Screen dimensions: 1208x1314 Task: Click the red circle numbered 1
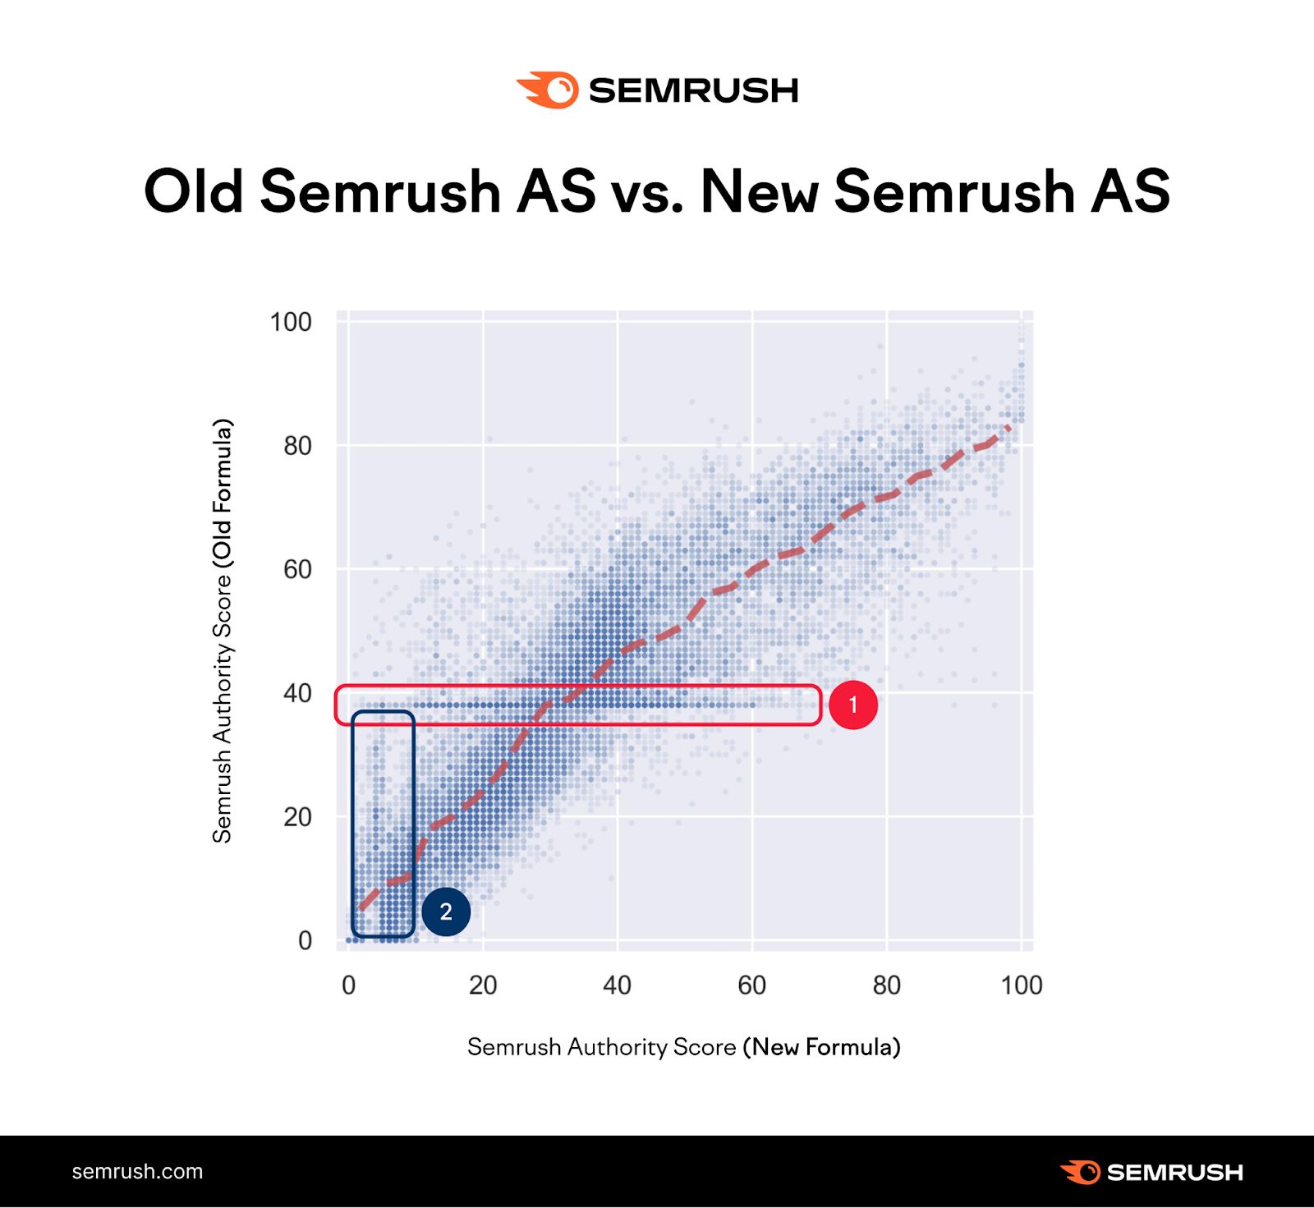853,705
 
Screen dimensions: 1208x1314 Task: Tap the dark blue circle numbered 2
446,912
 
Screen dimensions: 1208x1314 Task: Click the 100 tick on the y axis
291,322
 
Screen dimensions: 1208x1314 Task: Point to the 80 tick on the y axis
297,446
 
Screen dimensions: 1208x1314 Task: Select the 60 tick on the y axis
297,569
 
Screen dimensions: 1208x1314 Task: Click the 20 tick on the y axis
297,817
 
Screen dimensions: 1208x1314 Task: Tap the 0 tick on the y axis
305,940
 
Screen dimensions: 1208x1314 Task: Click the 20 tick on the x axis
483,985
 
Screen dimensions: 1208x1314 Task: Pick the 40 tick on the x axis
618,985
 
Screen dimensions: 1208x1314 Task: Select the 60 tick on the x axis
751,985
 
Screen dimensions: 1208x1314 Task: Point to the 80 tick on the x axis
886,985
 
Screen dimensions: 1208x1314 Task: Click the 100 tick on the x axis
1021,985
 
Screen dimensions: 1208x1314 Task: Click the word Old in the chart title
194,191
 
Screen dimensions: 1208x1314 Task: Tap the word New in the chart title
760,191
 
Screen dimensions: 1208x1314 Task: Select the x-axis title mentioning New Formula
683,1047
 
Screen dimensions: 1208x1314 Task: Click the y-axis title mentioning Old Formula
223,631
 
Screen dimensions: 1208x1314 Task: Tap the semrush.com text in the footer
137,1172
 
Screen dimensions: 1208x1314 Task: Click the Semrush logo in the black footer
1151,1172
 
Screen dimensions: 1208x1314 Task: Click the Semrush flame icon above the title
548,90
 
